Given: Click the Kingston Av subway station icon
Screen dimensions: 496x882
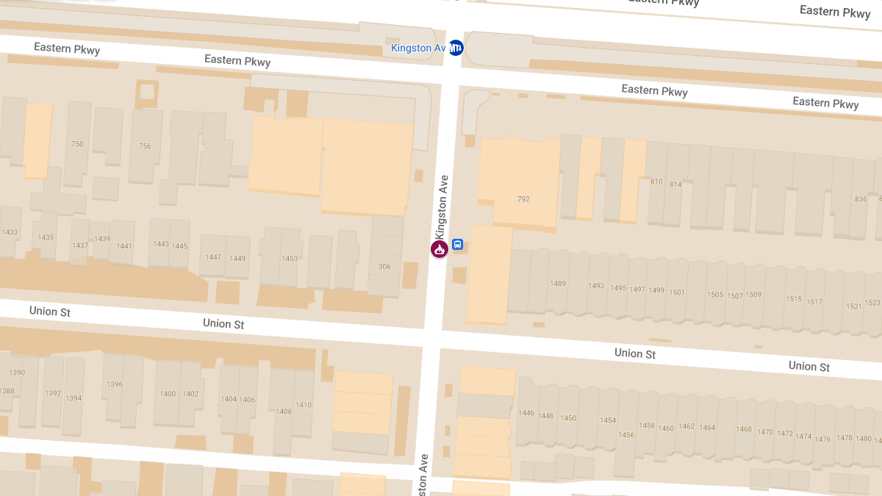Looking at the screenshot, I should tap(456, 48).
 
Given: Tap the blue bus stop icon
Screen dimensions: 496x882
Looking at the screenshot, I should tap(457, 245).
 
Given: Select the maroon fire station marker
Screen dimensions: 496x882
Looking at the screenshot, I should tap(440, 249).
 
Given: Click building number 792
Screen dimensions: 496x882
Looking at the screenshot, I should tap(523, 199).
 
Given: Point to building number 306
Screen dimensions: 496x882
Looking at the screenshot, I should tap(384, 267).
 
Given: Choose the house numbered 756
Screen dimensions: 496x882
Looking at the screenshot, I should tap(145, 146).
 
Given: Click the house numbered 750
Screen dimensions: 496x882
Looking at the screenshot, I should tap(77, 144).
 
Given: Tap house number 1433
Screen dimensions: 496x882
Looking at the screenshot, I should tap(10, 232).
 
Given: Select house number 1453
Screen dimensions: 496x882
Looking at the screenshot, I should tap(290, 259).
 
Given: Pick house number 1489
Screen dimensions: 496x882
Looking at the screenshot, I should tap(558, 284).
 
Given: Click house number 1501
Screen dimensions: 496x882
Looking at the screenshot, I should tap(676, 292).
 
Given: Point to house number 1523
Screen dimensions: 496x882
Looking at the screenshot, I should tap(872, 303).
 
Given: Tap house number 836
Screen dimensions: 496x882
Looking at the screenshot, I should tap(861, 199).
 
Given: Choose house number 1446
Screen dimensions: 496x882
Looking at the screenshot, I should tap(526, 414).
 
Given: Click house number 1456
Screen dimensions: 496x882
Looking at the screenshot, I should tap(625, 435).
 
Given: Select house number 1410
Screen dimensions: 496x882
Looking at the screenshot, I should tap(304, 405).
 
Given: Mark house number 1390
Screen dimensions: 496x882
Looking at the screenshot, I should tap(17, 373).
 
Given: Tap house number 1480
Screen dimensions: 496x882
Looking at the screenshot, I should tap(863, 439).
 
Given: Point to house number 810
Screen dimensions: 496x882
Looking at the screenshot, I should tap(656, 181).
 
